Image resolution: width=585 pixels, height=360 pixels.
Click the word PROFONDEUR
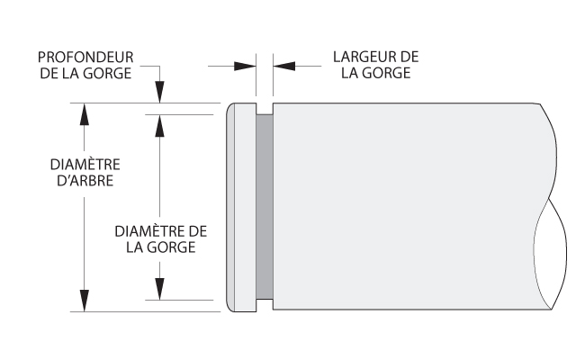click(85, 57)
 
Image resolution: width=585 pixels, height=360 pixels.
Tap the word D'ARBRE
click(85, 181)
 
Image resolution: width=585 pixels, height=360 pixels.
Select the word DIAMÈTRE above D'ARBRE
click(85, 164)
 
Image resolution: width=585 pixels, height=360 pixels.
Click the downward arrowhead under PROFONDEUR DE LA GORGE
click(159, 92)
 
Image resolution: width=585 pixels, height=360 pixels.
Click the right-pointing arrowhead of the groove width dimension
click(245, 67)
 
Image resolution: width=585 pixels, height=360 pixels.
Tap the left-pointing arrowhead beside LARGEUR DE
click(283, 67)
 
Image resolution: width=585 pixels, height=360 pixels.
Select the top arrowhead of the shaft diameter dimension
click(85, 114)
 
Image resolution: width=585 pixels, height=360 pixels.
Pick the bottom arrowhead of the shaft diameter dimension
click(85, 301)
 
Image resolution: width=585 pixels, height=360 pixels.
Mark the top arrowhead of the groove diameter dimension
click(159, 126)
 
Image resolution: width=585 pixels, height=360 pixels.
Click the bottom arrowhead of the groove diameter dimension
click(159, 289)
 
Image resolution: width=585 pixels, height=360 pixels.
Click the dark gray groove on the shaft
click(265, 207)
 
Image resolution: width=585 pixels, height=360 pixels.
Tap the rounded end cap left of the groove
click(242, 207)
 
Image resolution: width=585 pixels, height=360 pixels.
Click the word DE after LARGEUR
click(410, 57)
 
